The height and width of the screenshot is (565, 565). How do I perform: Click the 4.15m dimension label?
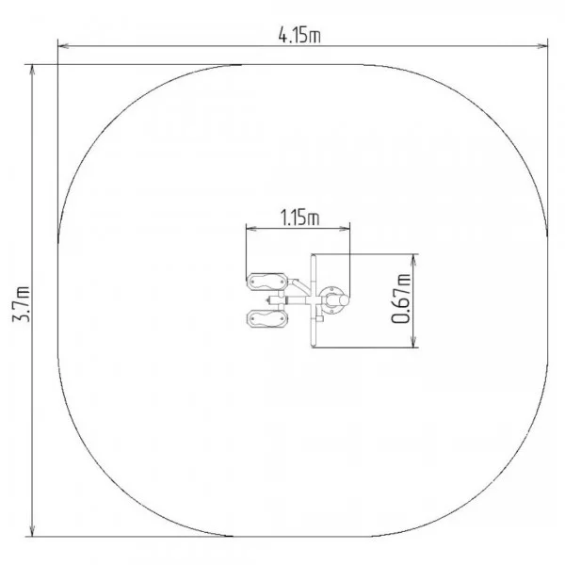tap(299, 36)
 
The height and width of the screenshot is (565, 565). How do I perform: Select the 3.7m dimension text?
tap(21, 303)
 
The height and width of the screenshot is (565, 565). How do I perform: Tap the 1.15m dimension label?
tap(299, 218)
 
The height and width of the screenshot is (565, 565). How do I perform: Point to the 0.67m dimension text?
tap(401, 299)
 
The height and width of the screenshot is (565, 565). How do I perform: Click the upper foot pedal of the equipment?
tap(267, 281)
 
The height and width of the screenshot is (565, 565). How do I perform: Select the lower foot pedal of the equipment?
tap(267, 318)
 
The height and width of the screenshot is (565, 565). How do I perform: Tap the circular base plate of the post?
tap(333, 300)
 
